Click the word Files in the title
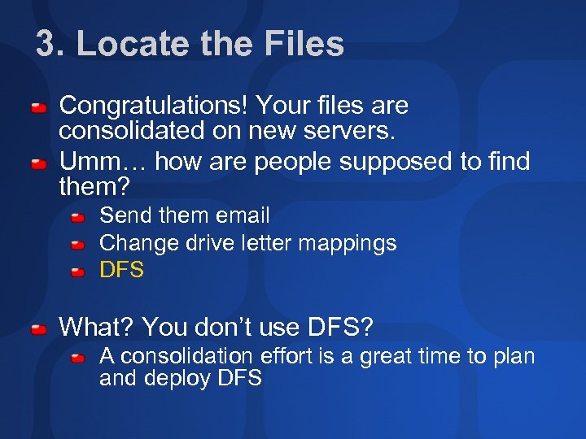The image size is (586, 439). pyautogui.click(x=303, y=44)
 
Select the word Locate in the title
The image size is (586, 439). pyautogui.click(x=127, y=44)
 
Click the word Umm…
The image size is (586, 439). pyautogui.click(x=103, y=162)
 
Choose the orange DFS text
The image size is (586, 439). pyautogui.click(x=121, y=270)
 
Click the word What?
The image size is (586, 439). pyautogui.click(x=97, y=328)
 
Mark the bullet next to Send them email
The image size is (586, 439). pyautogui.click(x=77, y=218)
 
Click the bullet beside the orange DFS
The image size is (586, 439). pyautogui.click(x=77, y=272)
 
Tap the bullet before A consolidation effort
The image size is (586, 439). pyautogui.click(x=77, y=358)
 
